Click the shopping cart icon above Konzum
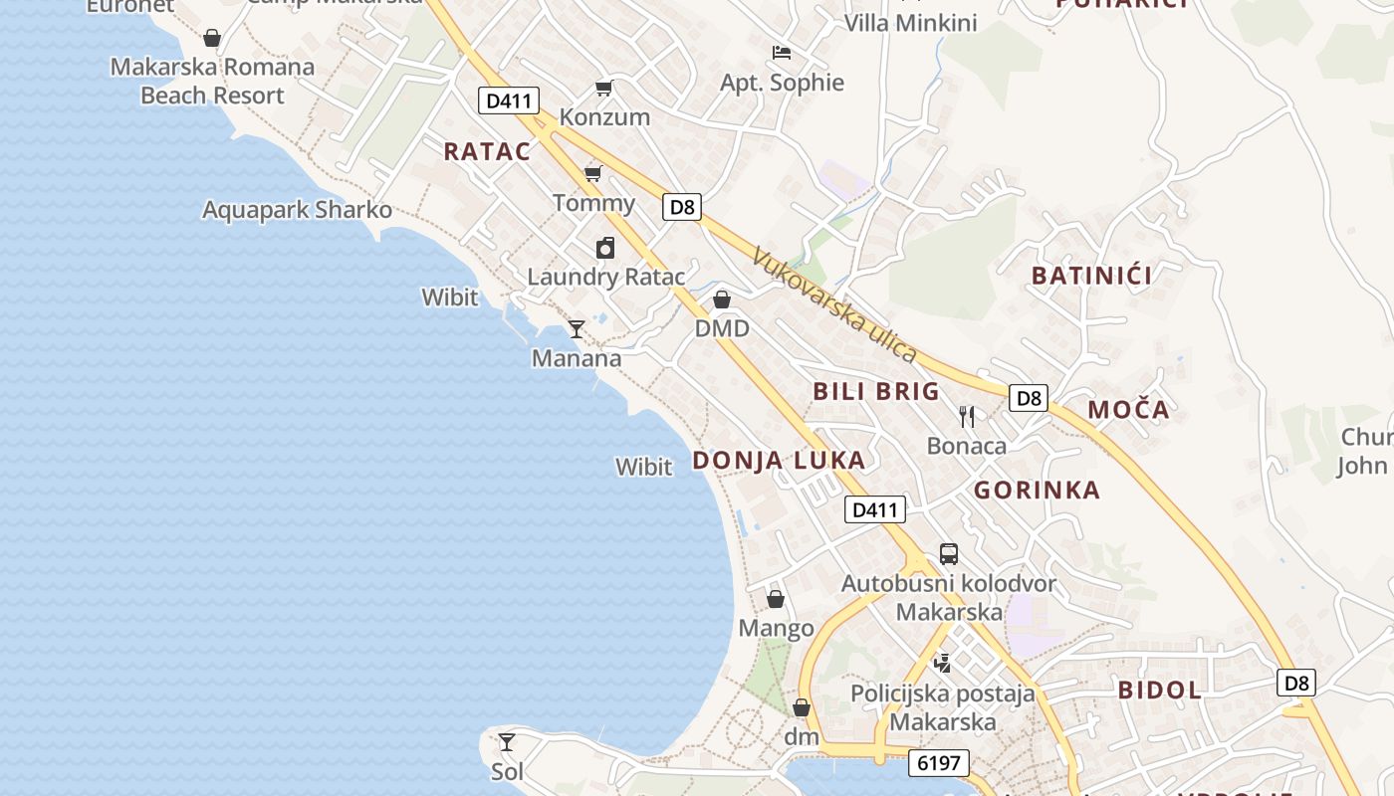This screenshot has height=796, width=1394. click(x=603, y=89)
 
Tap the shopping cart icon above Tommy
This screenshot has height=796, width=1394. click(x=593, y=174)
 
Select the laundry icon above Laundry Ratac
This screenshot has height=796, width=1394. click(x=605, y=248)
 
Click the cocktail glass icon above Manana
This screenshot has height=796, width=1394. click(x=577, y=328)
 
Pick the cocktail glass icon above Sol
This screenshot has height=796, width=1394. click(x=507, y=741)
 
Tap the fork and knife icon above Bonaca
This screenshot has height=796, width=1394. click(x=966, y=416)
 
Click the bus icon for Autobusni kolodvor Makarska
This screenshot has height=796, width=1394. click(x=949, y=554)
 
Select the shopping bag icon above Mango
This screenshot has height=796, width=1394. click(x=776, y=599)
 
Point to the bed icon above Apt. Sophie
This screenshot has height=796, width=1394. click(x=782, y=52)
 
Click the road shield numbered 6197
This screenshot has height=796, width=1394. click(x=938, y=763)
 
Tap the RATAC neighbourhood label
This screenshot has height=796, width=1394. click(x=487, y=151)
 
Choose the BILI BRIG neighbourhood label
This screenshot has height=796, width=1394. click(x=876, y=391)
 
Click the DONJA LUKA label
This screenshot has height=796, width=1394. click(x=779, y=461)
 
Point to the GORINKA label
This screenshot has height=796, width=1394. click(x=1037, y=490)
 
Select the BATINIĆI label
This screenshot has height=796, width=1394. click(x=1091, y=276)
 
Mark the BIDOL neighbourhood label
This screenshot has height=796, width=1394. click(x=1160, y=690)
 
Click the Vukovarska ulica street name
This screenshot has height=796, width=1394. click(x=834, y=304)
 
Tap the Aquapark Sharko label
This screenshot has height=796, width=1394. click(x=297, y=210)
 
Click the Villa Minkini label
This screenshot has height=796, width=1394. click(x=910, y=22)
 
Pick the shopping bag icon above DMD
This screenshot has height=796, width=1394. click(x=722, y=299)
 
